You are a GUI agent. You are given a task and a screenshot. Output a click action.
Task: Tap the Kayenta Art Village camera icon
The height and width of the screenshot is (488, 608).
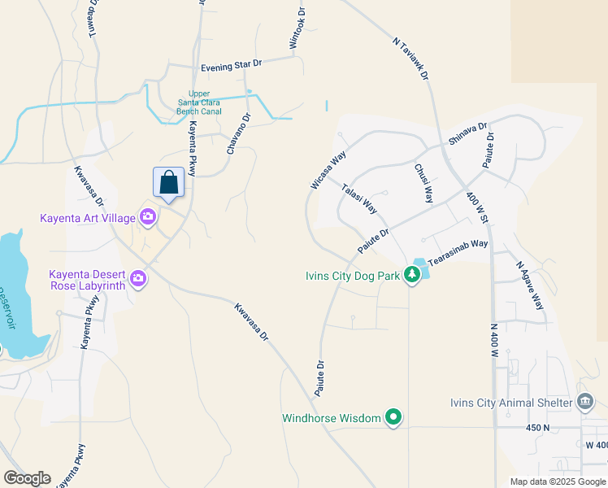coord(148,216)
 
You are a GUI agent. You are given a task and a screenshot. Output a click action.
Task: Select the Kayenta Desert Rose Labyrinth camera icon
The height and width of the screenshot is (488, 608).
coord(138,278)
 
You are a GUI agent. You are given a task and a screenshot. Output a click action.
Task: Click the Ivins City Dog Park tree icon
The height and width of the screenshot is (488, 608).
coord(412,276)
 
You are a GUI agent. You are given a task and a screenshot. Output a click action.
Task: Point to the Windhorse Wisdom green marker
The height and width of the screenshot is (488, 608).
coord(393,418)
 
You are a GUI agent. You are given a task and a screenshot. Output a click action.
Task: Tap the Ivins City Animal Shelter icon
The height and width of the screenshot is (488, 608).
coord(584,402)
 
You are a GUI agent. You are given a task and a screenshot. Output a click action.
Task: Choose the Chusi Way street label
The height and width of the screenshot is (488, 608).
coord(423,184)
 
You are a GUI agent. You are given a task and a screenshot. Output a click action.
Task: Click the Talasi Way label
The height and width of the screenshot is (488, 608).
coord(360,198)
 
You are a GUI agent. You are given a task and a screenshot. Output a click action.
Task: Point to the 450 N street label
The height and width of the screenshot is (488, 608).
coord(537,427)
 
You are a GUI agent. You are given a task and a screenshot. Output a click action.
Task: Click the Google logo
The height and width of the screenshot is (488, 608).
coord(27,478)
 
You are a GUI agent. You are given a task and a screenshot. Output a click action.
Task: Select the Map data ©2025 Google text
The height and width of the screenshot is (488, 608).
coord(558,481)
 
